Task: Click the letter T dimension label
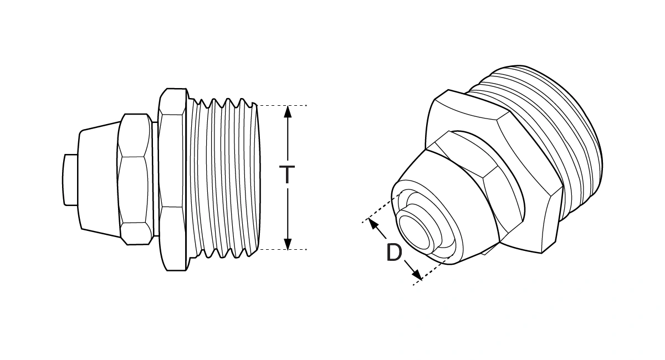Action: pos(287,174)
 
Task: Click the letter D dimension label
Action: pos(394,254)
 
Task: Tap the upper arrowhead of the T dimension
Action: pos(287,111)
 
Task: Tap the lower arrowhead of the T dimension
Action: pos(287,244)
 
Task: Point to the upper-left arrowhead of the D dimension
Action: pos(374,225)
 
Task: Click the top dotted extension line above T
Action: pos(283,105)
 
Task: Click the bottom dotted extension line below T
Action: pos(283,250)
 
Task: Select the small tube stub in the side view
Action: pos(70,179)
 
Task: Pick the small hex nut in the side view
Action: pos(135,178)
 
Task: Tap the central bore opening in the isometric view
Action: pos(416,233)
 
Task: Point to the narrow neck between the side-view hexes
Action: pos(155,178)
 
